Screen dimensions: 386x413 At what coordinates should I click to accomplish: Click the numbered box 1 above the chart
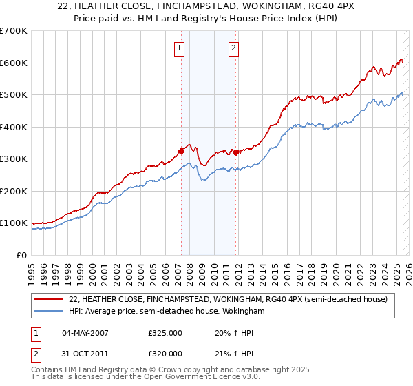point(179,48)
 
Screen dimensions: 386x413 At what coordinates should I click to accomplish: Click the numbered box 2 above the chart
point(234,48)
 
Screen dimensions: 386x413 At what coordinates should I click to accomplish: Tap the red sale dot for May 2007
point(181,151)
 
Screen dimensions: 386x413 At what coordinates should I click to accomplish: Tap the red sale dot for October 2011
point(235,152)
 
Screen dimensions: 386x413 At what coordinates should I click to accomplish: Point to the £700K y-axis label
point(14,31)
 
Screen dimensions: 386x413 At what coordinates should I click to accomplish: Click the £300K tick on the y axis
point(14,159)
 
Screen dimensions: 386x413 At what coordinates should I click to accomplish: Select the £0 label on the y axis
point(23,255)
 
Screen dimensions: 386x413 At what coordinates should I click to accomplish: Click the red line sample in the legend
point(49,299)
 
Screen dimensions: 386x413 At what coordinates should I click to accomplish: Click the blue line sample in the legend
point(49,311)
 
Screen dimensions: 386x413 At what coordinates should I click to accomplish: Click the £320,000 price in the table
point(165,353)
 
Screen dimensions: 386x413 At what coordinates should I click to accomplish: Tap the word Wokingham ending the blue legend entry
point(244,311)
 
